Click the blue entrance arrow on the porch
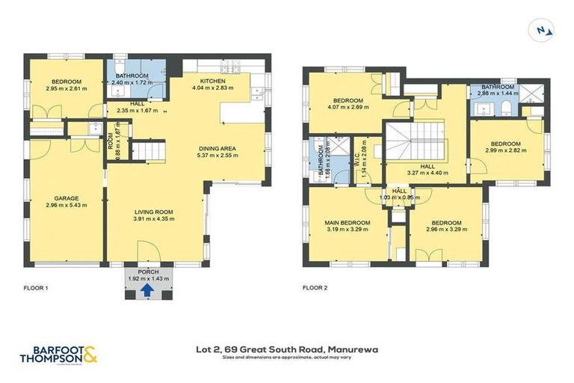tap(148, 289)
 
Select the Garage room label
tap(66, 198)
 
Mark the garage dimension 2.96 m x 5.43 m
tap(66, 206)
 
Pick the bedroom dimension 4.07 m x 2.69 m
tap(348, 108)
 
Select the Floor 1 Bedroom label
tap(66, 82)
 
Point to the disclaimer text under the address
tap(287, 357)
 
